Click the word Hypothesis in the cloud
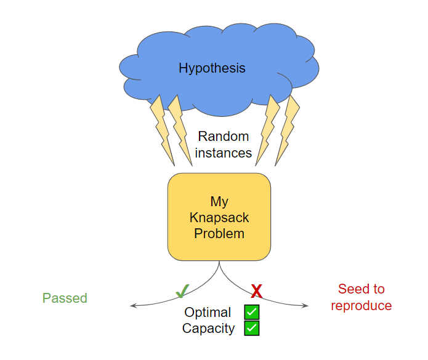pyautogui.click(x=212, y=68)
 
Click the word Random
pyautogui.click(x=223, y=137)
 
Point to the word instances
pyautogui.click(x=223, y=153)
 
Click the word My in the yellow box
pyautogui.click(x=219, y=202)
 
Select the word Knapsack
pyautogui.click(x=219, y=218)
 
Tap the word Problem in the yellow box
pyautogui.click(x=219, y=234)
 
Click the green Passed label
pyautogui.click(x=65, y=298)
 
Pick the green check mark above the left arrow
pyautogui.click(x=182, y=289)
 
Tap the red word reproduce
pyautogui.click(x=361, y=306)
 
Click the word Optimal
pyautogui.click(x=208, y=313)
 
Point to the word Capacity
pyautogui.click(x=208, y=329)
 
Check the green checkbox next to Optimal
pyautogui.click(x=252, y=312)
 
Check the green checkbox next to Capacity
pyautogui.click(x=252, y=328)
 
